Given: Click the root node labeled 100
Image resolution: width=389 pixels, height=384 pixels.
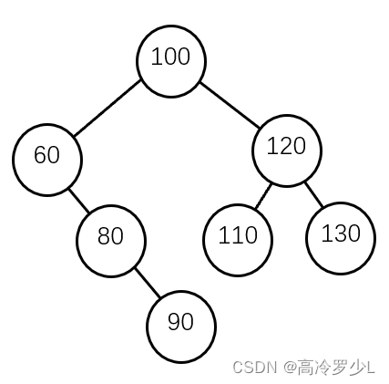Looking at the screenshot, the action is click(x=171, y=61).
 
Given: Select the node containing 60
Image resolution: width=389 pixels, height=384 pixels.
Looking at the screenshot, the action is click(x=47, y=160).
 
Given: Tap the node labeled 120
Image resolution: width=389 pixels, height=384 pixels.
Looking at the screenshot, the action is click(x=287, y=150).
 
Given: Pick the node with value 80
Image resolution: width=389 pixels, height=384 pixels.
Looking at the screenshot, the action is click(x=111, y=241).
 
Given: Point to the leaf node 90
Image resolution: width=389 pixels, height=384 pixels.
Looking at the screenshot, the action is click(x=181, y=327).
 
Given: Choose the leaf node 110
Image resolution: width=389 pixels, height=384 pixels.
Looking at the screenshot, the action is click(x=238, y=240).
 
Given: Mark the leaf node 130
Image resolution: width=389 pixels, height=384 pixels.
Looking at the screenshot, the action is click(x=341, y=238).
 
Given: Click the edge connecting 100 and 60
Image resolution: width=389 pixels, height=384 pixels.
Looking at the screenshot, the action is click(x=107, y=108).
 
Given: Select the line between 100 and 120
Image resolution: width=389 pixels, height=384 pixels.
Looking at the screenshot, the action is click(x=230, y=105).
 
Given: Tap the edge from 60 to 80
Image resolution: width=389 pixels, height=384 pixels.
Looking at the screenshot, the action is click(x=79, y=201).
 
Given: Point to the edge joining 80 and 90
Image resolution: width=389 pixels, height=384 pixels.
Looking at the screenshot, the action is click(x=148, y=283).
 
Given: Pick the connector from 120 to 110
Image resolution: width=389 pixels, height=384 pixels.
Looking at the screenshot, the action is click(x=263, y=196).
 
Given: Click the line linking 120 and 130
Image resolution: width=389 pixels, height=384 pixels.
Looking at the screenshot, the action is click(x=314, y=194).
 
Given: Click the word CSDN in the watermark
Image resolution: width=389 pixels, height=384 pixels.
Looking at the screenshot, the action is click(x=254, y=367).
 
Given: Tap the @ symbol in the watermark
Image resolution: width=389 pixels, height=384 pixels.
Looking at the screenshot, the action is click(x=290, y=368).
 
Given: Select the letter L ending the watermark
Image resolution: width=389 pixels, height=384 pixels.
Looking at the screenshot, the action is click(x=371, y=368).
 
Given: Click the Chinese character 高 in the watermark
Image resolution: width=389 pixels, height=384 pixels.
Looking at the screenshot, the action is click(x=306, y=367).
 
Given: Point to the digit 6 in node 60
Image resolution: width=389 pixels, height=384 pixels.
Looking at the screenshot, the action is click(x=40, y=154).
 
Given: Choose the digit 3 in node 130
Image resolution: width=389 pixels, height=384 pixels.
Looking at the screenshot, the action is click(x=341, y=234).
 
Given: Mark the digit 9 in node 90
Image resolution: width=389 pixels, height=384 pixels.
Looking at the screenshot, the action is click(x=174, y=322).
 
